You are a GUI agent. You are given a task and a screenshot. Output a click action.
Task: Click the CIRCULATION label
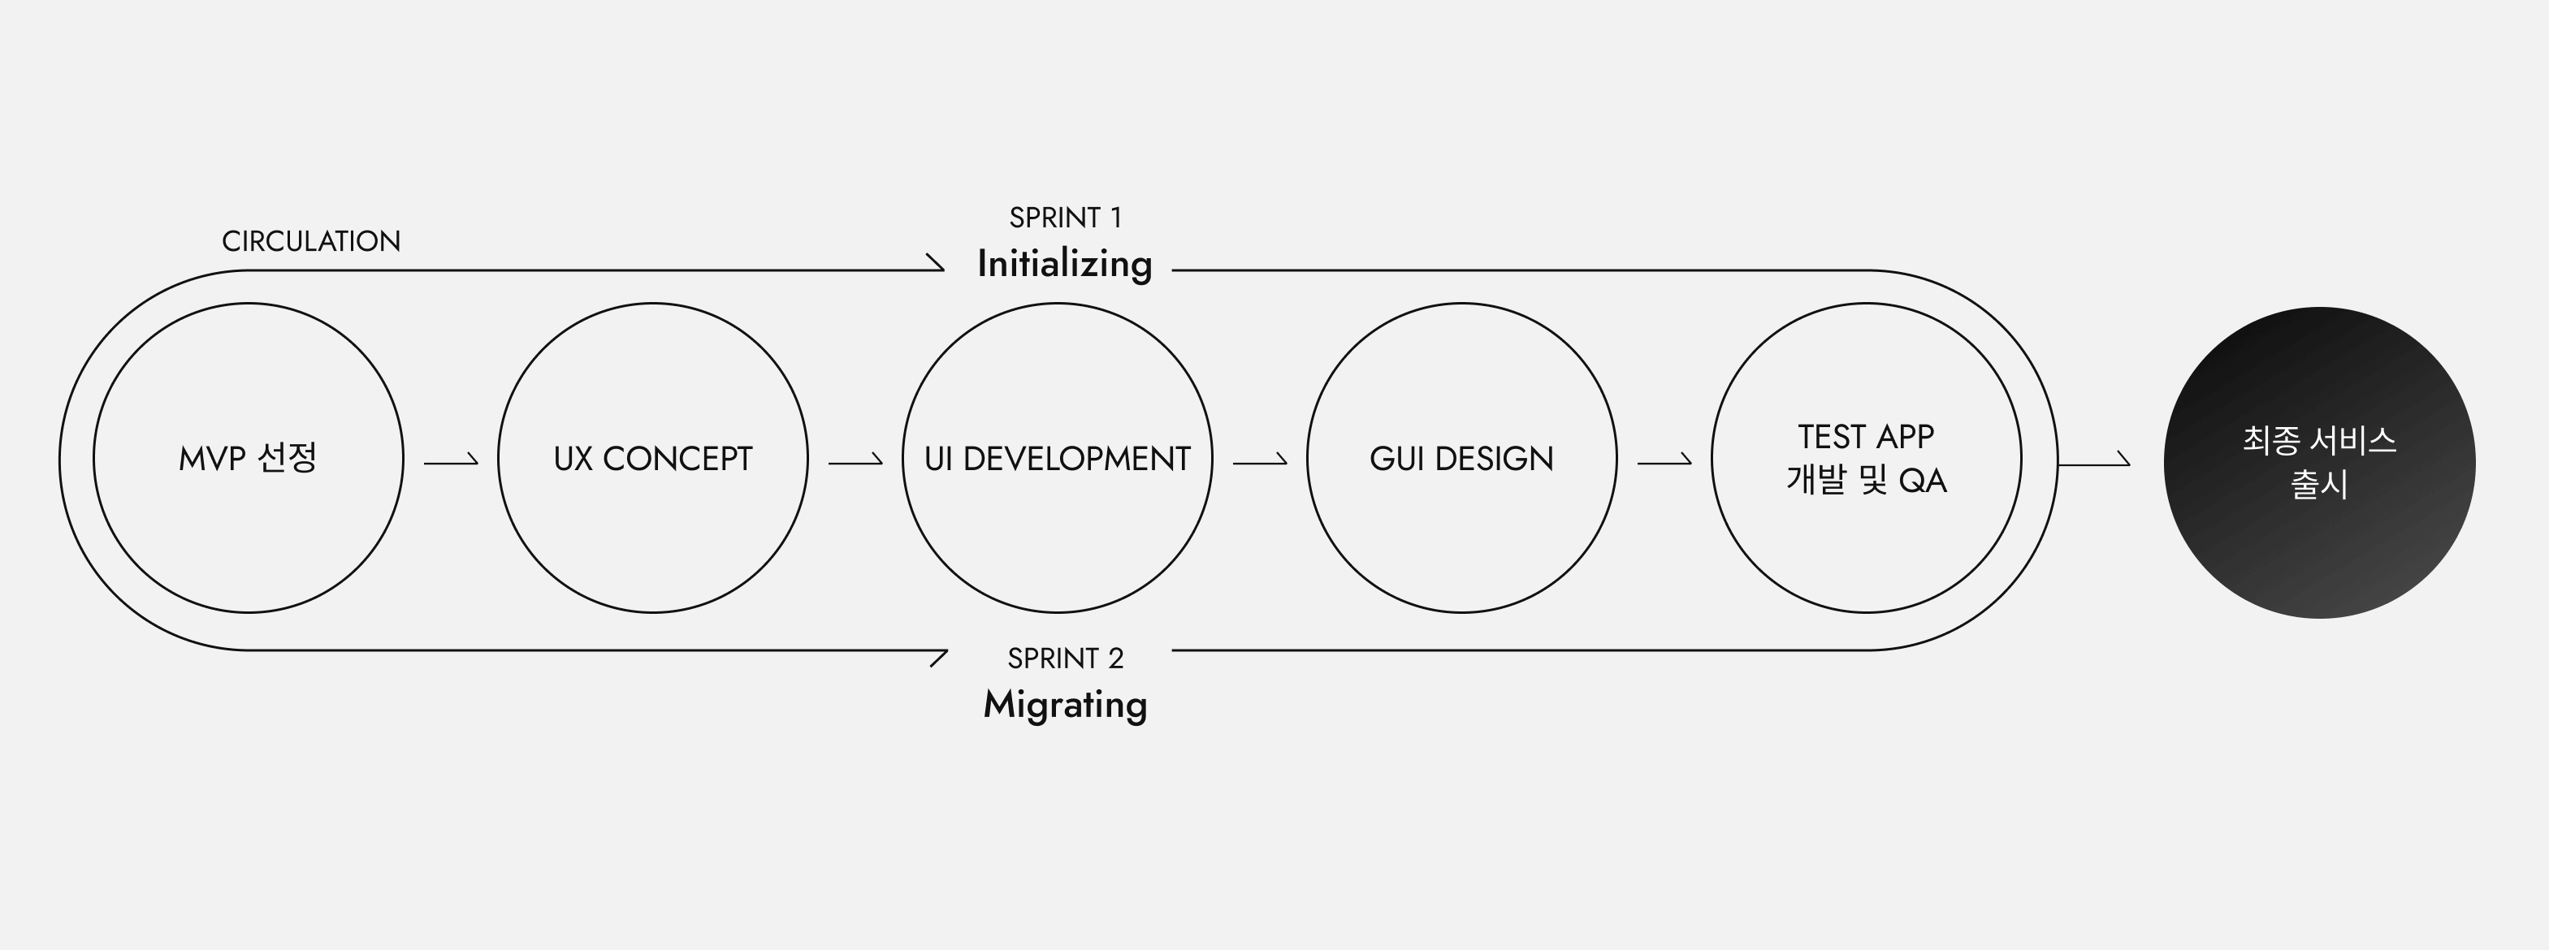coord(311,241)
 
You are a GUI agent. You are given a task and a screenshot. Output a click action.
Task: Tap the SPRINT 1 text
coord(1065,218)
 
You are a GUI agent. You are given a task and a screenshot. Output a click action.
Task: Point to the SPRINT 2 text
coord(1065,658)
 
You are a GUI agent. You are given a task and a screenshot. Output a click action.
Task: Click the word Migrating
coord(1065,706)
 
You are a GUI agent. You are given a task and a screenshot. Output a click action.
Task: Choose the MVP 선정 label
coord(248,458)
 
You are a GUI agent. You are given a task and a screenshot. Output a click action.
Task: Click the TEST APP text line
coord(1865,436)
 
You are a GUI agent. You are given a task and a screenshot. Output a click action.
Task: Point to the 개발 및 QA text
coord(1866,480)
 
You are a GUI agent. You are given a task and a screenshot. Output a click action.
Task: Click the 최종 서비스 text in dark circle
coord(2319,440)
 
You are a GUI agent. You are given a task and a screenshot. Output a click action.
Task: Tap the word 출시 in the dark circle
coord(2319,484)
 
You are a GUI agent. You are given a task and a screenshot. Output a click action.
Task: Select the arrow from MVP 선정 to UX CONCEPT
coord(451,461)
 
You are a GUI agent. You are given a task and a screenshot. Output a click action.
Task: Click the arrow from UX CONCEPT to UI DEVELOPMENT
coord(855,461)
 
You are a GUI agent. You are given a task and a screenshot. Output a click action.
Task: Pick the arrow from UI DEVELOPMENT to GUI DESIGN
coord(1260,461)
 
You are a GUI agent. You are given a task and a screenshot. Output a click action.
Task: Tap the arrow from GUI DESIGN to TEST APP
coord(1664,461)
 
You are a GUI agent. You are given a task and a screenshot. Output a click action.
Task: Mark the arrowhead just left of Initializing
coord(936,262)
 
